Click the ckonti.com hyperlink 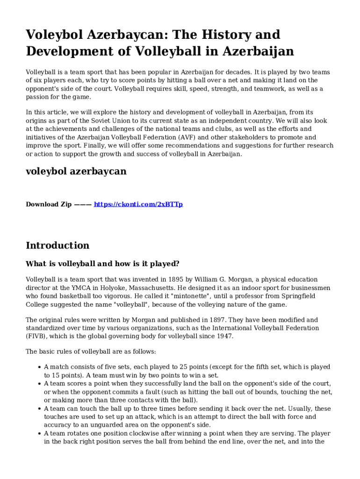138,204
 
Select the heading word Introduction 58,246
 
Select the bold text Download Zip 49,204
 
